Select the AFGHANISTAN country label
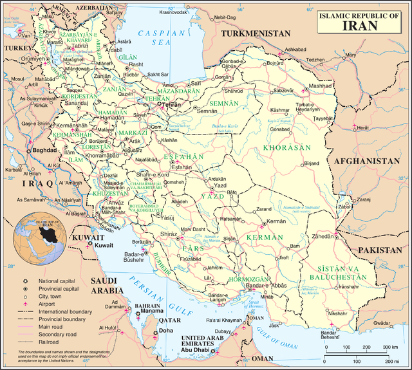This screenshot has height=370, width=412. (367, 162)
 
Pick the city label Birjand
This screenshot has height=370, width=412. (311, 163)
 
